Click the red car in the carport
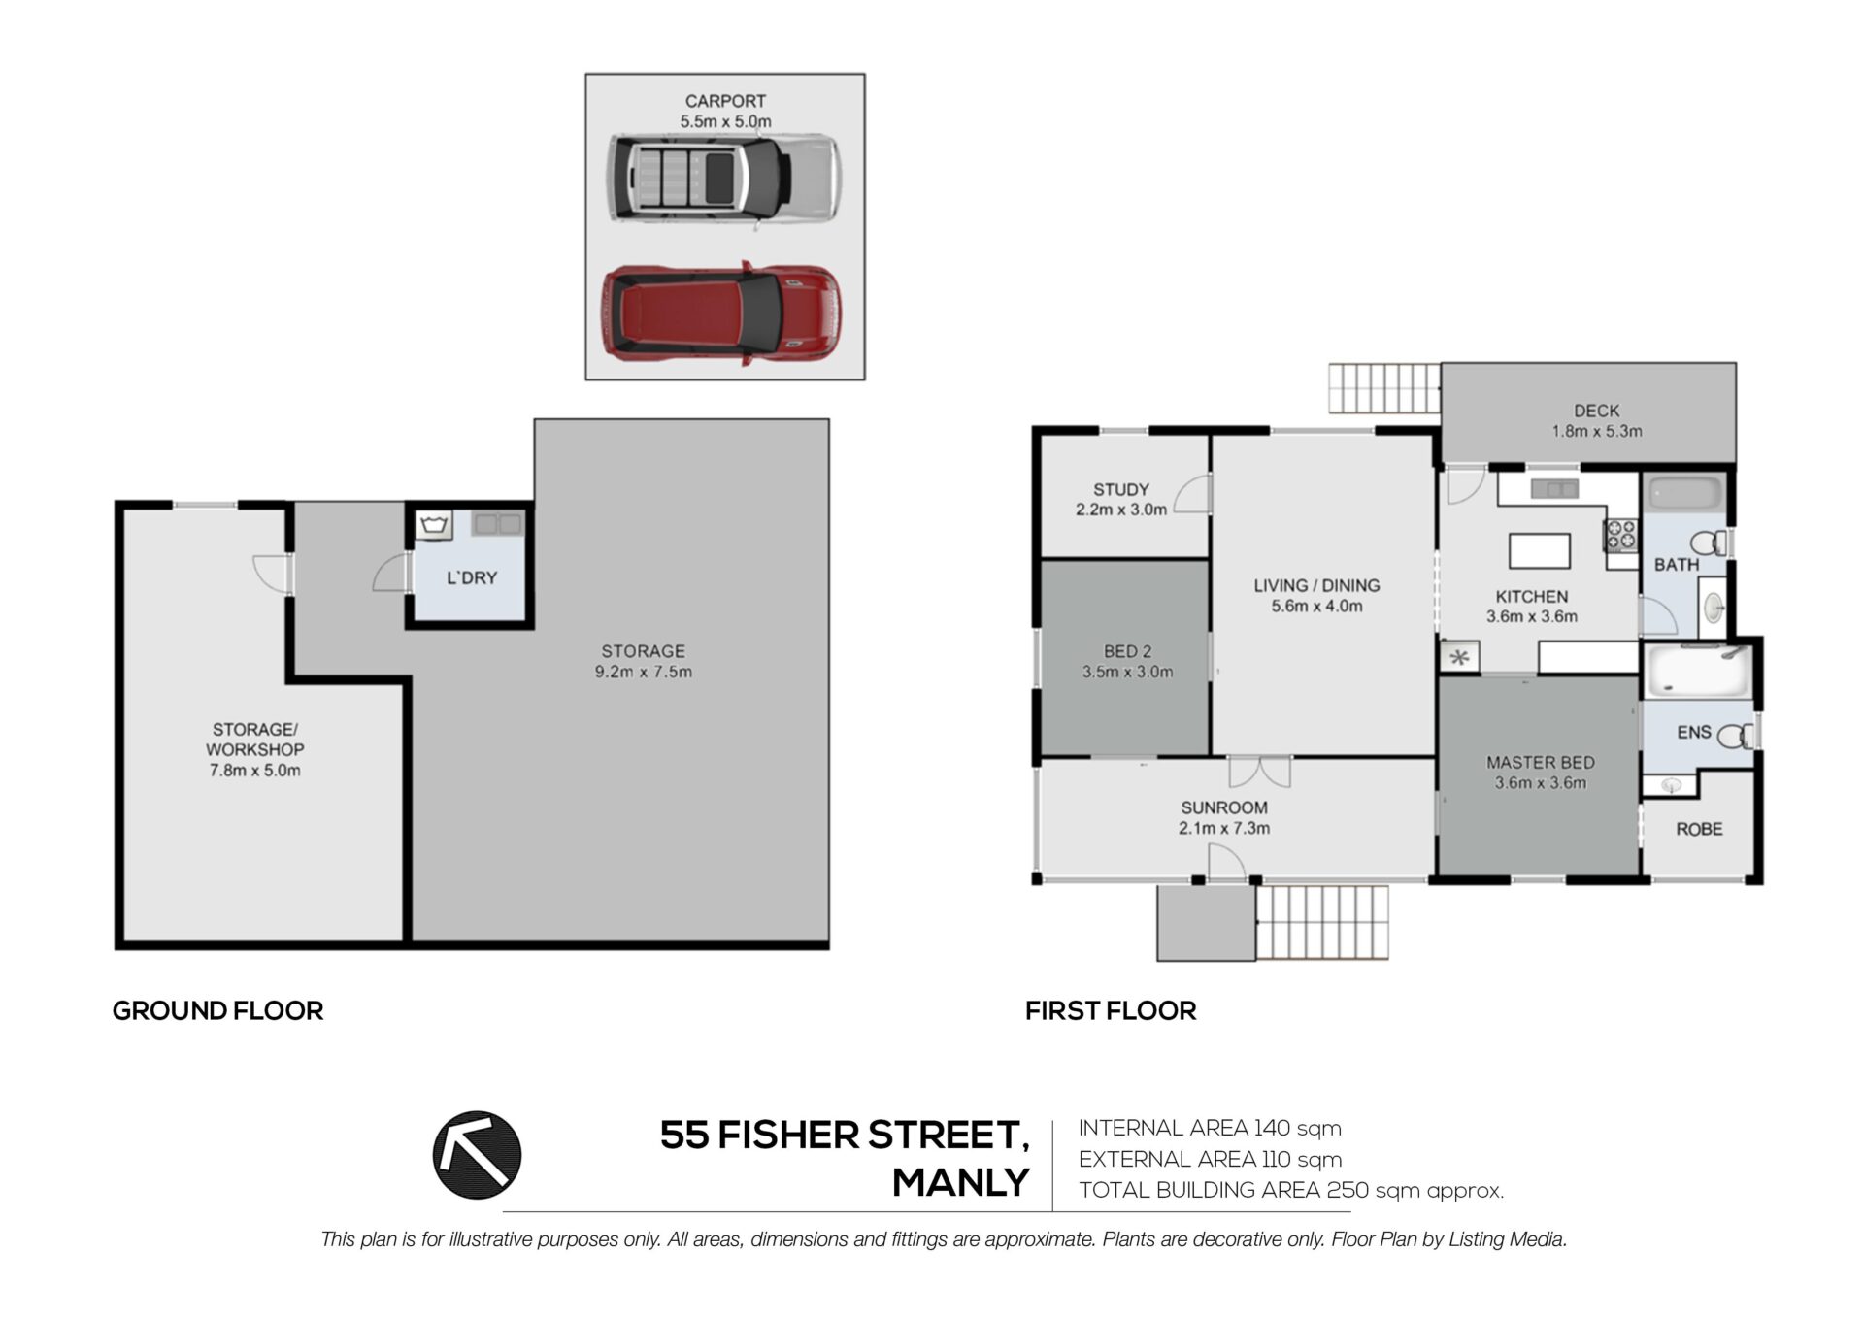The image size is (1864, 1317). [721, 313]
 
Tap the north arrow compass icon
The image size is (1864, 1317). [477, 1155]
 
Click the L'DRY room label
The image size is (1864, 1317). [472, 577]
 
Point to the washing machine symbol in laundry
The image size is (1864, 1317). [434, 525]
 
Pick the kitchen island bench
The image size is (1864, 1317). [1540, 550]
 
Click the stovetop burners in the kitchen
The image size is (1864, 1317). [1620, 535]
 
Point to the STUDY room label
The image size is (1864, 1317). [1121, 490]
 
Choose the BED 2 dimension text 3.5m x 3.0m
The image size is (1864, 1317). [1127, 672]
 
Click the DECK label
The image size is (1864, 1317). [1597, 411]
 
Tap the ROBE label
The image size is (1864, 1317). [1699, 829]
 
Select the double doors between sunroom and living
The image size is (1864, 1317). [1260, 772]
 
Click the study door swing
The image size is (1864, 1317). [1193, 494]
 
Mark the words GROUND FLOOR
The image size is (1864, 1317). [217, 1010]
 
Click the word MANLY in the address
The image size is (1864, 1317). [960, 1182]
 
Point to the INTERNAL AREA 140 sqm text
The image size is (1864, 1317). [1210, 1128]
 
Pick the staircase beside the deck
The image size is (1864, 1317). [1384, 388]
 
